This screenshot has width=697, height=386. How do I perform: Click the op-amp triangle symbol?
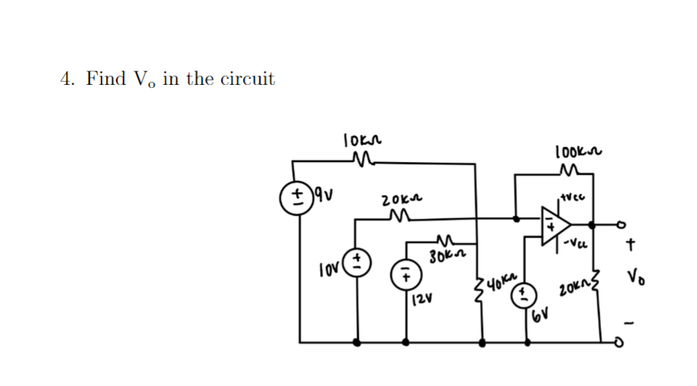[x=554, y=224]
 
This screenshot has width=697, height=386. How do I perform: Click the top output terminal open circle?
[x=624, y=223]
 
